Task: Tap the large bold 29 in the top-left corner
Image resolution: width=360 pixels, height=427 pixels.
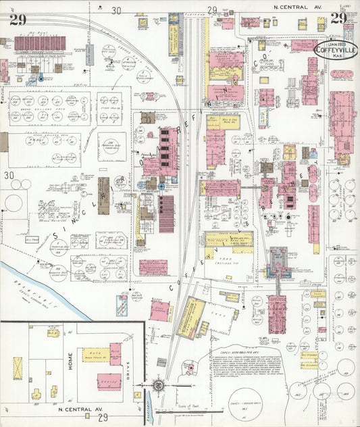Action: [18, 20]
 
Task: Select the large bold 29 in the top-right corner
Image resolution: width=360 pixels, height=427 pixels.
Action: [339, 18]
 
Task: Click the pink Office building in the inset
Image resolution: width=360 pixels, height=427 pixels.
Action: [109, 382]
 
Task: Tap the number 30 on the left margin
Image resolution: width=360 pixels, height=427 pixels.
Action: [9, 176]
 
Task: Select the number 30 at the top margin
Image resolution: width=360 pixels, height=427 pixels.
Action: [116, 9]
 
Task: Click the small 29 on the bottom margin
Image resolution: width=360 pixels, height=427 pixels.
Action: [103, 418]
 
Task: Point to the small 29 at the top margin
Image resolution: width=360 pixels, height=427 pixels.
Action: [211, 9]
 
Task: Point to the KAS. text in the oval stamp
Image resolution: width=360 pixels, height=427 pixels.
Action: [336, 55]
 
